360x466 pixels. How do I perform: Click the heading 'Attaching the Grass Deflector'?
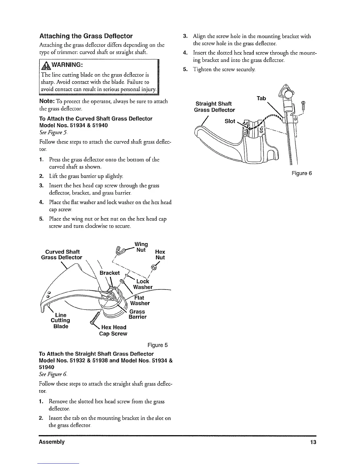coord(86,36)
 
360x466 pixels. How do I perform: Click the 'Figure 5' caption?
coord(157,345)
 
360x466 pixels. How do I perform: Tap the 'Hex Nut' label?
coord(160,255)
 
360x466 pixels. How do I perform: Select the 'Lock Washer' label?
coord(143,284)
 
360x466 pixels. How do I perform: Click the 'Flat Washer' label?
coord(140,300)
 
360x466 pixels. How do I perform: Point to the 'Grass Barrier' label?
coord(137,314)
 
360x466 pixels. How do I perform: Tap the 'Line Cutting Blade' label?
coord(61,321)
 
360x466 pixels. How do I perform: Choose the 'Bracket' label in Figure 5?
coord(109,273)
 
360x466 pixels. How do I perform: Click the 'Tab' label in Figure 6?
coord(261,98)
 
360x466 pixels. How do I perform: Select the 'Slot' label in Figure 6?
coord(230,121)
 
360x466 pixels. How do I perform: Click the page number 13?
coord(313,442)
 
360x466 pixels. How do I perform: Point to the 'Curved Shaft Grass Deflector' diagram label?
coord(62,255)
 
